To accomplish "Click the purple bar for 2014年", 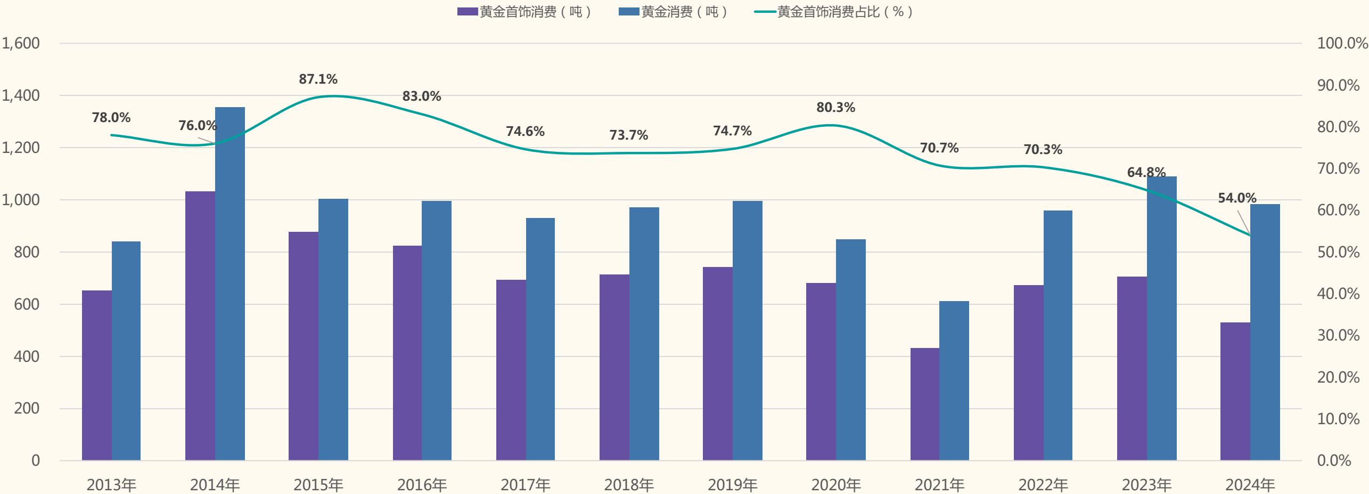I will coord(200,326).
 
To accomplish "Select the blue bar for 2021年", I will coord(954,380).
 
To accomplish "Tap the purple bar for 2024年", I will coord(1235,391).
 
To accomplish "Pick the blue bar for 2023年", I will coord(1162,318).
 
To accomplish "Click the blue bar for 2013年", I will coord(126,351).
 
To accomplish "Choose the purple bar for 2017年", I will coord(511,370).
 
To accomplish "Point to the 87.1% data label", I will coord(318,79).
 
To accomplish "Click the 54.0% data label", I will coord(1237,198).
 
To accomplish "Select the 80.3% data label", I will coord(836,108).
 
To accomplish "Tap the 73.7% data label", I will coord(629,135).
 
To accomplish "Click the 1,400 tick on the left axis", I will coord(21,95).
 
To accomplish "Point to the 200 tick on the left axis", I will coord(27,408).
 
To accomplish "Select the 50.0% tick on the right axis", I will coord(1338,252).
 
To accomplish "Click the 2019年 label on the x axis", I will coord(733,484).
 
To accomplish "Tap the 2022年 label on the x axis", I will coord(1043,484).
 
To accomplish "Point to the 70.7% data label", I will coord(939,148).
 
